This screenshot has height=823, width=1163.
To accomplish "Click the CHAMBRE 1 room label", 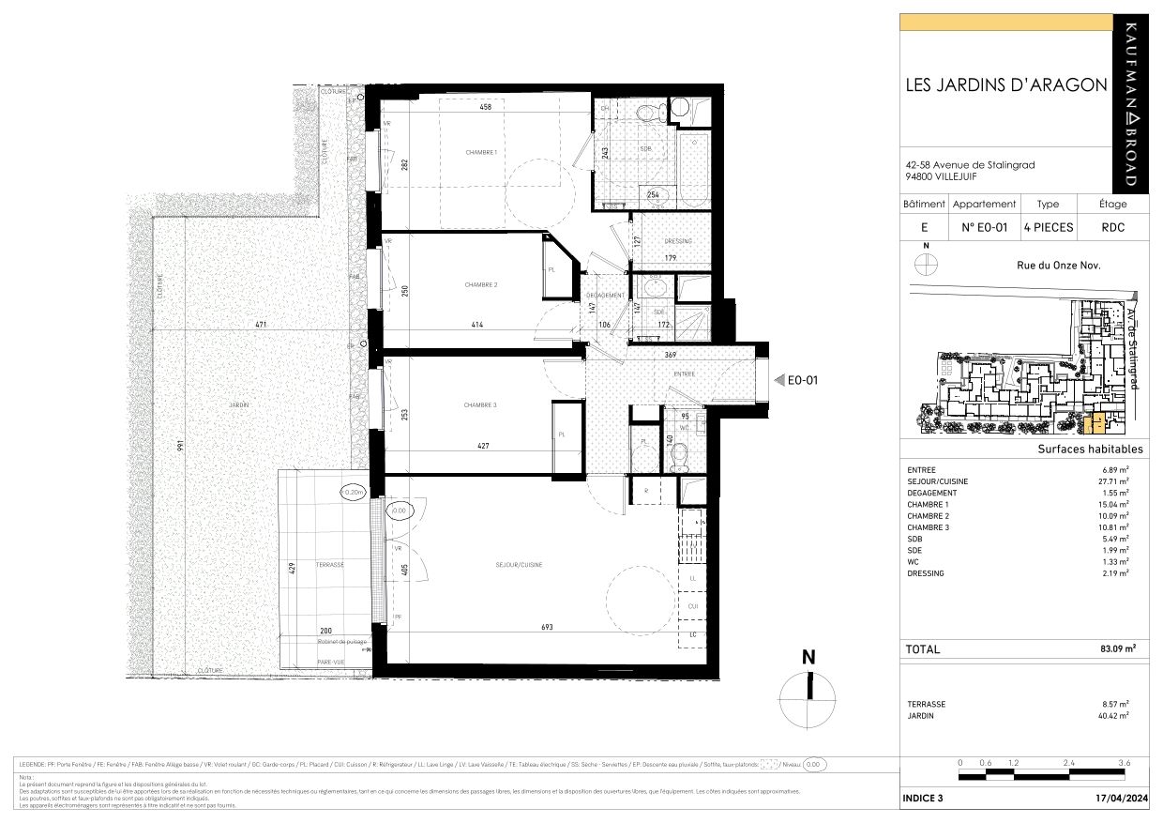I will click(x=481, y=152).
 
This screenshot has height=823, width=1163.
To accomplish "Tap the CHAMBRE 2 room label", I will click(x=481, y=284).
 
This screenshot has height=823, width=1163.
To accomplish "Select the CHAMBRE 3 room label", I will click(x=480, y=404).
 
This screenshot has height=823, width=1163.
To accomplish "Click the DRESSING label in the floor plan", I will click(x=677, y=241).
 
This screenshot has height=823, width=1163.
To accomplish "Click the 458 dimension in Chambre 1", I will click(x=485, y=107).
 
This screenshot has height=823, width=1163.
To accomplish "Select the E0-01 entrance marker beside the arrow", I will click(x=804, y=380).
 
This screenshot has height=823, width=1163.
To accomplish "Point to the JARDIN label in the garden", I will click(x=238, y=404).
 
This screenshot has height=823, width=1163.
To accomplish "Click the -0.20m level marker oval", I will click(x=355, y=492).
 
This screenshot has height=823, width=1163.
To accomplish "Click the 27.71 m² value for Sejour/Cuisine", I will click(x=1114, y=481).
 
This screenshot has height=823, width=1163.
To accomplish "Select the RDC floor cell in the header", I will click(x=1113, y=227).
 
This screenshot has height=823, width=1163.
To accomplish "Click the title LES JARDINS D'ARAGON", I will click(x=1005, y=84).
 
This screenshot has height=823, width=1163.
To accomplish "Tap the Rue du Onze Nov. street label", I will click(x=1059, y=265).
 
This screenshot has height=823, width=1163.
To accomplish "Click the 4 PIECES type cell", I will click(x=1048, y=227).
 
